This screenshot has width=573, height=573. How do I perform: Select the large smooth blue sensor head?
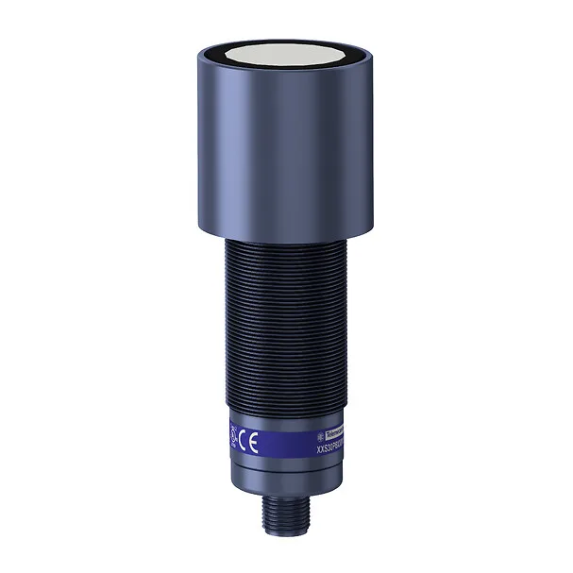coord(287,142)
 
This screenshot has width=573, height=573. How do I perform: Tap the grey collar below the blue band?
coord(287,472)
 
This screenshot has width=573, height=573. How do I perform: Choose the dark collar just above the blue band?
coord(287,408)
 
